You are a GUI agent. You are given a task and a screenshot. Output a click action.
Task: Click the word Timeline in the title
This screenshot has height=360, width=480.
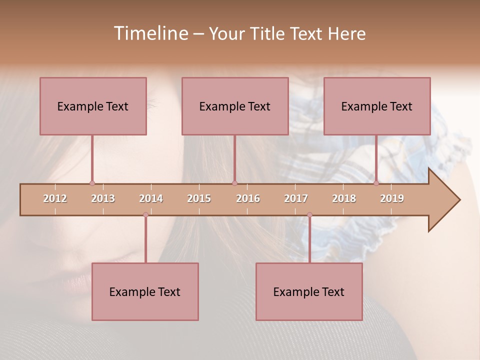tap(150, 33)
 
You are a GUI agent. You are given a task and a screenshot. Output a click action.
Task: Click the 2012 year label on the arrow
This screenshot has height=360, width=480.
tap(55, 198)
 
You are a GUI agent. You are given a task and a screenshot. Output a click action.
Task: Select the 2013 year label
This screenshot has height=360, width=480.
tap(103, 198)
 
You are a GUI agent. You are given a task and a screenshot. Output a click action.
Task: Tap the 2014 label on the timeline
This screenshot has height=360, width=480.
tap(151, 198)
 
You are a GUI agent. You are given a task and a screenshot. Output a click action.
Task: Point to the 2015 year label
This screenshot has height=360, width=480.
tap(199, 198)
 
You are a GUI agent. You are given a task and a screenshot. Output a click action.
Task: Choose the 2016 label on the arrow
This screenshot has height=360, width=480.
tap(248, 198)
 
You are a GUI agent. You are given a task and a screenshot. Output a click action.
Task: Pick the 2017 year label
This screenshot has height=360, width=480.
tap(296, 198)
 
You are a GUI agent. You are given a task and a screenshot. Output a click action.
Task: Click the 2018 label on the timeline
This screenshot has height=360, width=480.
tap(344, 198)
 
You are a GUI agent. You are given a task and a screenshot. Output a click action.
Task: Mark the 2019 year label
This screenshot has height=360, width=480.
tap(392, 198)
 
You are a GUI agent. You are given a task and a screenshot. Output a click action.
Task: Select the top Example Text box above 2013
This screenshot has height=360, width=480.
tap(93, 106)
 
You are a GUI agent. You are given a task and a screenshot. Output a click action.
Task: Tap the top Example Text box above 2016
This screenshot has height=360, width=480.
tap(235, 106)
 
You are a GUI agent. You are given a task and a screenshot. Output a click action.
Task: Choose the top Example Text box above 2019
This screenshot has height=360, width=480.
tap(377, 106)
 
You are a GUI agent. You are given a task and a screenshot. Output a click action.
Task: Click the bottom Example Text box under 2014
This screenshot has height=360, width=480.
tap(145, 291)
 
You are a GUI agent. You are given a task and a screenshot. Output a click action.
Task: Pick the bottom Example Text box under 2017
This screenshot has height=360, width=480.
tap(309, 291)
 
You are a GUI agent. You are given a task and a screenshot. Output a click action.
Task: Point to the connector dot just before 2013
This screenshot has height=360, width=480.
tap(92, 183)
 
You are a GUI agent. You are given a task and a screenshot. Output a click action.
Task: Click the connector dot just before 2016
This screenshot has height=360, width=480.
tap(234, 183)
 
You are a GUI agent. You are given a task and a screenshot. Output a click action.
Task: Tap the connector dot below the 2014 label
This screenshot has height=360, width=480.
tap(145, 215)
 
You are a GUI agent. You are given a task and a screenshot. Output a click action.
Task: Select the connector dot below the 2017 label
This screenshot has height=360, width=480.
tap(309, 215)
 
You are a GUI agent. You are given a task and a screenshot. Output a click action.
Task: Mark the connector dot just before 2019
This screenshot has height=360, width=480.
tap(376, 183)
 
